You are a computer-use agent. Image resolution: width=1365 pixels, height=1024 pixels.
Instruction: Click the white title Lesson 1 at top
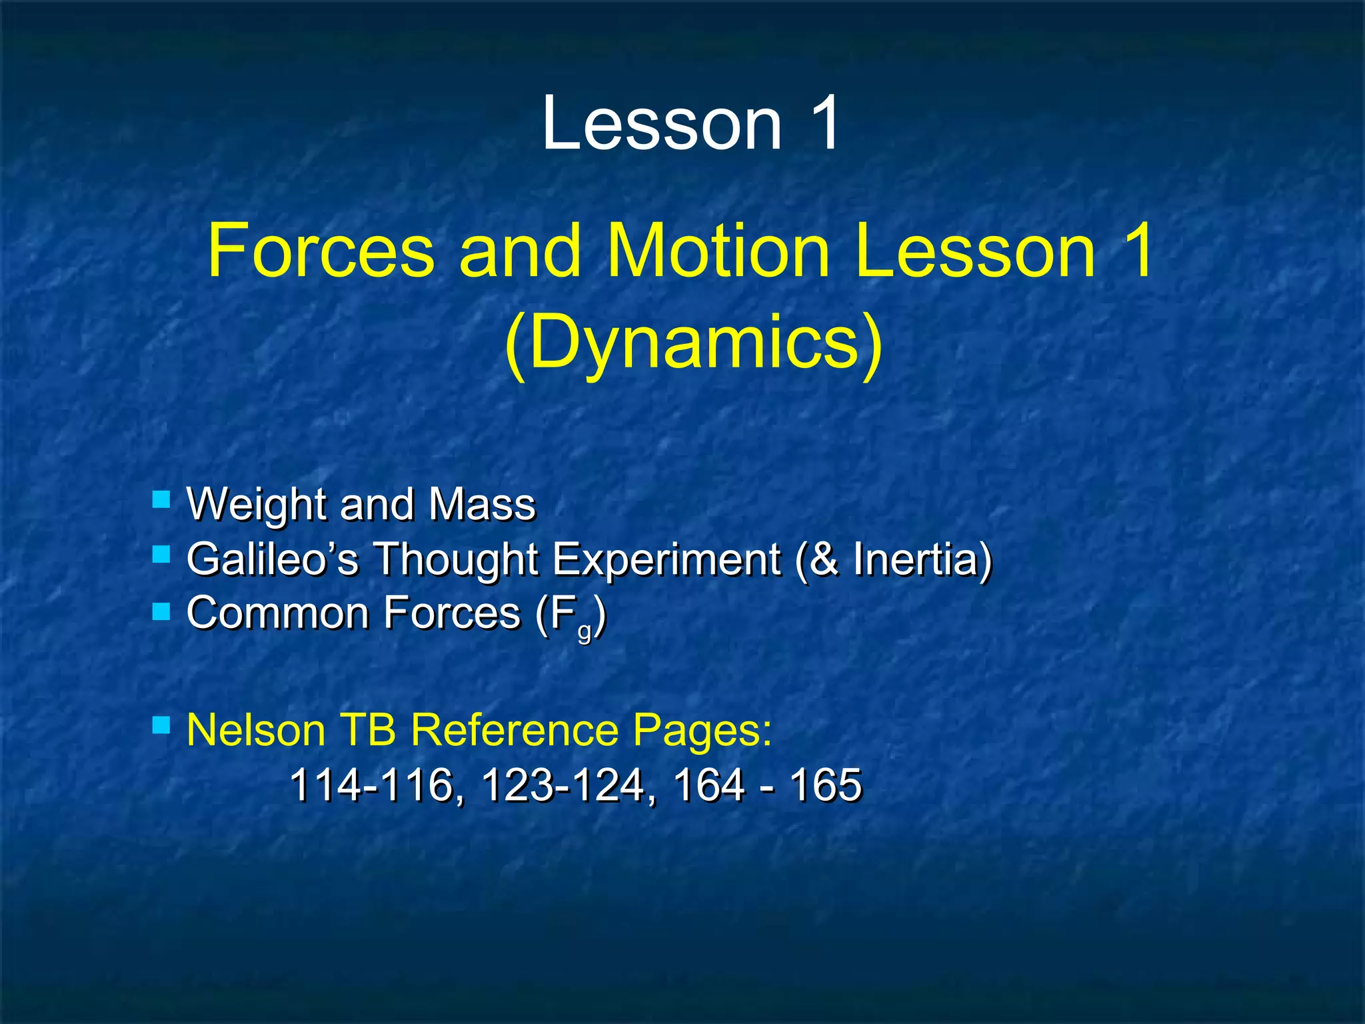690,123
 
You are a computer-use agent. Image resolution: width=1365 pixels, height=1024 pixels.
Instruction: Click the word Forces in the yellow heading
320,251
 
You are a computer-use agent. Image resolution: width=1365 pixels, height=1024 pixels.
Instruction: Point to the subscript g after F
585,630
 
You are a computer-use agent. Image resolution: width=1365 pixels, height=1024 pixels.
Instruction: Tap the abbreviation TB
368,730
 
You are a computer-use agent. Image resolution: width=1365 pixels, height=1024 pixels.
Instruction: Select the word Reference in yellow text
514,730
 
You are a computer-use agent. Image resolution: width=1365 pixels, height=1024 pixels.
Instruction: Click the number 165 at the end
825,785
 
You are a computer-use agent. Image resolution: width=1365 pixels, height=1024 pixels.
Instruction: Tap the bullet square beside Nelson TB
161,725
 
